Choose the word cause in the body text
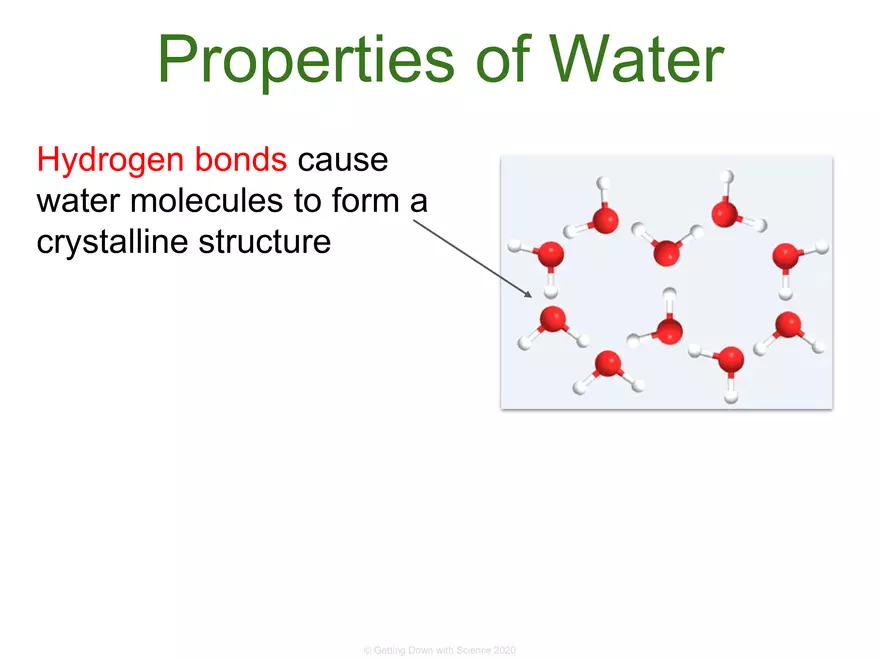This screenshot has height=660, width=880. [x=344, y=160]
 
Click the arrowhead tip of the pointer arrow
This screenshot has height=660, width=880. [x=531, y=296]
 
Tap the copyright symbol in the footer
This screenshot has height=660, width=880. [x=367, y=651]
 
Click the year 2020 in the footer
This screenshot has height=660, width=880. [x=506, y=651]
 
